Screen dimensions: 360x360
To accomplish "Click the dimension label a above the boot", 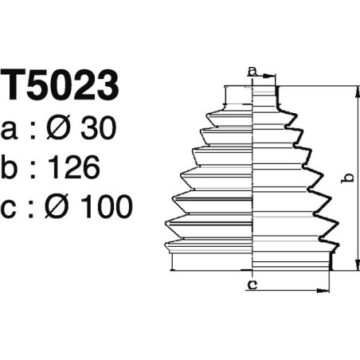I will coord(253,72).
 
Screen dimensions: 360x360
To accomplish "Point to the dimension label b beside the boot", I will coord(345,178).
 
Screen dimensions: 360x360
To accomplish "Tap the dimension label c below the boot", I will coord(252,284).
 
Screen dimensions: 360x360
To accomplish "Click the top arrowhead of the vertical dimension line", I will coord(354,88).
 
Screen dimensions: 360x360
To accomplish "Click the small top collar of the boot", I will coord(239,95).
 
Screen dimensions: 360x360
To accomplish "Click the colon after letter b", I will coord(35,169).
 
